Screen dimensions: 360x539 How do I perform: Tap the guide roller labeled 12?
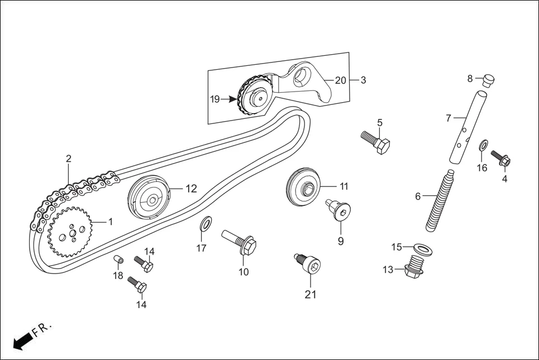(149, 197)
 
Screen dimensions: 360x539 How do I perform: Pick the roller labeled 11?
(303, 186)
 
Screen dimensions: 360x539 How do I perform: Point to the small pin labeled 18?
(118, 260)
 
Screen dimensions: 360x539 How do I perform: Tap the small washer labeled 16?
(483, 146)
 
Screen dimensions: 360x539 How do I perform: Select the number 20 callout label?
(341, 80)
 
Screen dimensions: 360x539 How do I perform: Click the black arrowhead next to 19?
(232, 99)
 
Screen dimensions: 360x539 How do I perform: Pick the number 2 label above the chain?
(69, 159)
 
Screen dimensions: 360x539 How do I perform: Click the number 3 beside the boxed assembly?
(363, 80)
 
